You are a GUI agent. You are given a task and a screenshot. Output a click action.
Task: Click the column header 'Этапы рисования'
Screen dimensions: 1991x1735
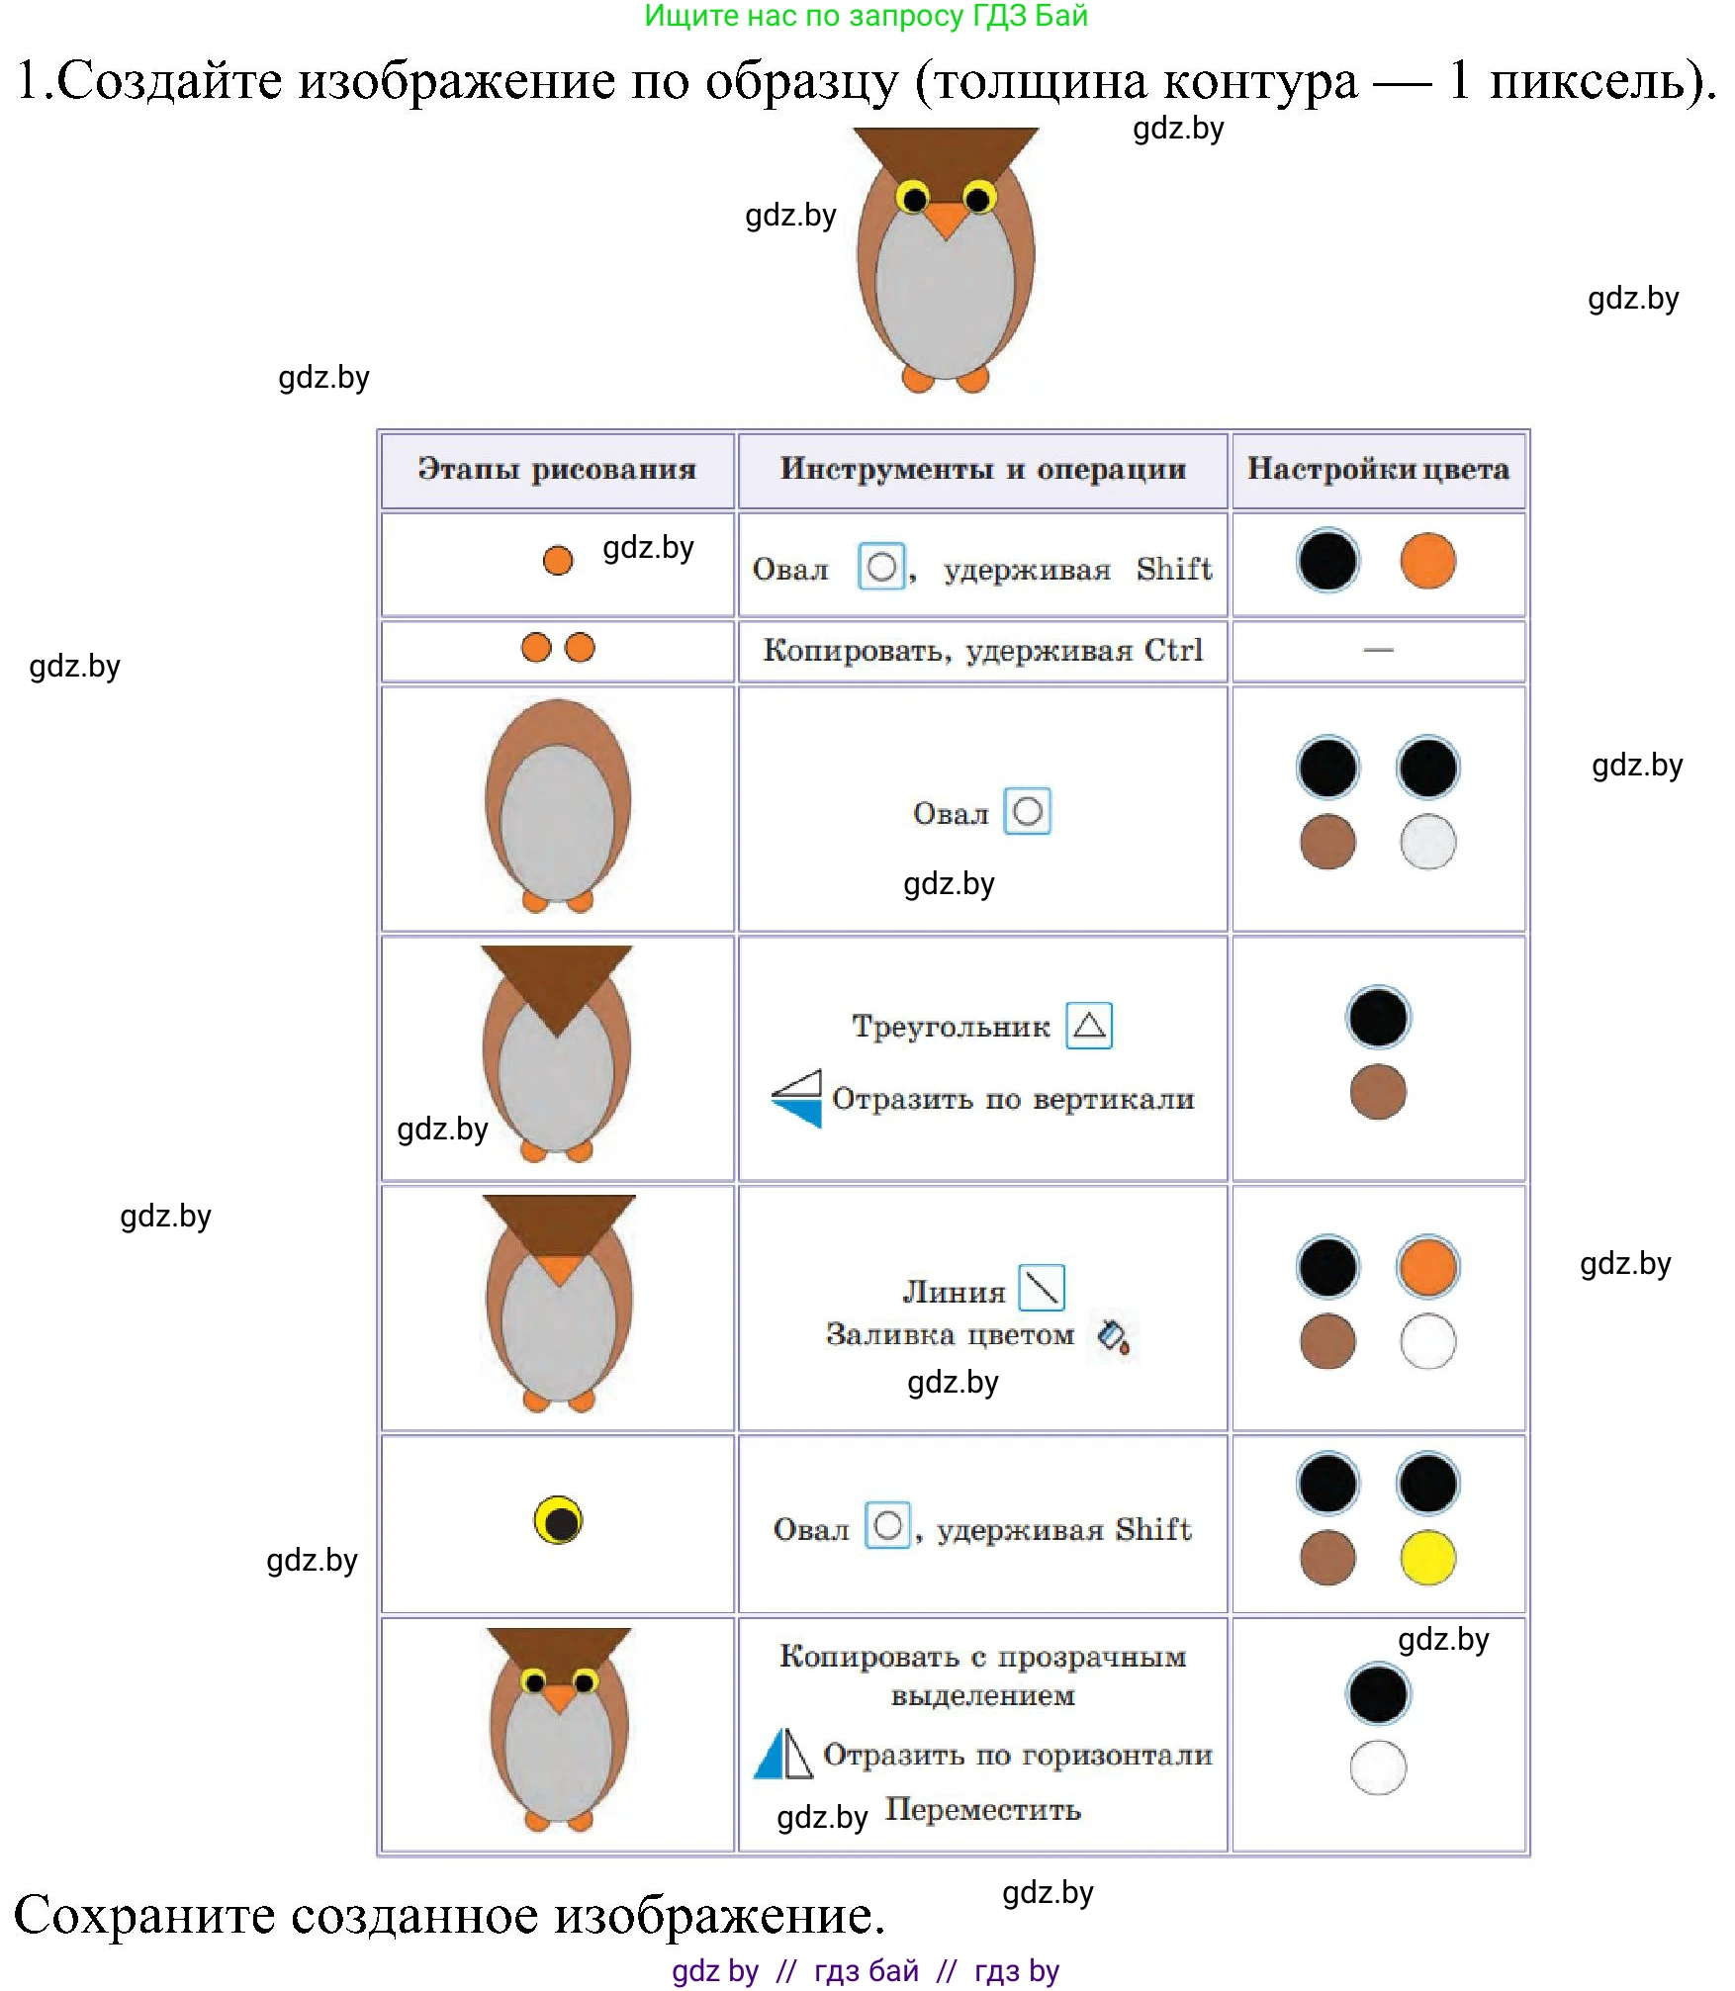click(557, 469)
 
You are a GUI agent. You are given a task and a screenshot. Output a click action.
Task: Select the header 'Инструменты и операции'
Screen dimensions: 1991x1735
click(982, 469)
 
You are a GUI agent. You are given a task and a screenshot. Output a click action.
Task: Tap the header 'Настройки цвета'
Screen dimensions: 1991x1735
click(1378, 469)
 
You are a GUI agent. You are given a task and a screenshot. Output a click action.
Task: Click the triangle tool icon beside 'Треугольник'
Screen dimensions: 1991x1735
click(1089, 1025)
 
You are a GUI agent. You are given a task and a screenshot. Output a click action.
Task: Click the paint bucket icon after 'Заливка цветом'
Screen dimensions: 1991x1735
click(1114, 1336)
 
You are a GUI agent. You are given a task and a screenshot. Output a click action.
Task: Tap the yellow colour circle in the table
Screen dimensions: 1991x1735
click(1427, 1558)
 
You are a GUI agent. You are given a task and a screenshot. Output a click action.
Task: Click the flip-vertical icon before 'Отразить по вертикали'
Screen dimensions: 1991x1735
click(797, 1098)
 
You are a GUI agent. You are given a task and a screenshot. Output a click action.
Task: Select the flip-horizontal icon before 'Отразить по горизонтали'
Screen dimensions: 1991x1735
click(783, 1754)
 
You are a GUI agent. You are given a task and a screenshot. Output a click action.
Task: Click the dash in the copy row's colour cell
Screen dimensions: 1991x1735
click(1378, 650)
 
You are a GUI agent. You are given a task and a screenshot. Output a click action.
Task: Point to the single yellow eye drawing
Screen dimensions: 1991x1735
click(558, 1520)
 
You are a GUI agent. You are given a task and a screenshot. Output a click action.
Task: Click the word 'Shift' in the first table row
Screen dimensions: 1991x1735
click(1174, 569)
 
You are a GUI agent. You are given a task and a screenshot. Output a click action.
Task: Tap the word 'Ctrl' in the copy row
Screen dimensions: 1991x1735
click(1174, 650)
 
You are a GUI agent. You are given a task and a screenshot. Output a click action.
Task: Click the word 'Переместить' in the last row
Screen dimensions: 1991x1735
click(982, 1809)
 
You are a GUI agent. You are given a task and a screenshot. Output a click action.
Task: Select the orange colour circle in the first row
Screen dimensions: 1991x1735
click(1427, 561)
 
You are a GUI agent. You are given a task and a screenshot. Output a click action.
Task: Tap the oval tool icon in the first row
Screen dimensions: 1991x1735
click(880, 568)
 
